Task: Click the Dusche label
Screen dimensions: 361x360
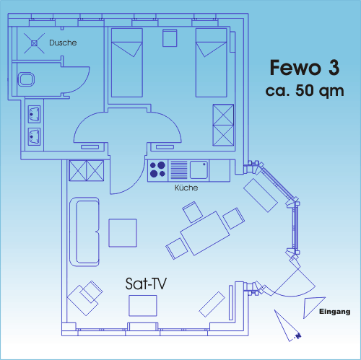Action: [x=63, y=43]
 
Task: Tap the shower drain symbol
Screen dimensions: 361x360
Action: [x=34, y=43]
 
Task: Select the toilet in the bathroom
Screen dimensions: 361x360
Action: [x=26, y=79]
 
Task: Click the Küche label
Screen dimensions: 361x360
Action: [x=186, y=188]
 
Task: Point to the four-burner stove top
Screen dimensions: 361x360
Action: [x=157, y=170]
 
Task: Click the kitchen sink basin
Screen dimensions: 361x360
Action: [x=199, y=170]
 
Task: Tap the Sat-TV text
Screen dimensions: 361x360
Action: [x=146, y=284]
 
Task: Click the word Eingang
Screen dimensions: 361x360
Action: [x=334, y=312]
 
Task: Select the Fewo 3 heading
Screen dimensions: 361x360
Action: [x=305, y=68]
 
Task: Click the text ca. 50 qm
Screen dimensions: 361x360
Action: [x=305, y=91]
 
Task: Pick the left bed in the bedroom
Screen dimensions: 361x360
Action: [x=127, y=63]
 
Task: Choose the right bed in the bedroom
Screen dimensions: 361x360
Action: [x=211, y=63]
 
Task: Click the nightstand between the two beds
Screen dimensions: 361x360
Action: [x=170, y=38]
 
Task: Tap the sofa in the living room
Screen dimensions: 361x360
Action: [x=84, y=232]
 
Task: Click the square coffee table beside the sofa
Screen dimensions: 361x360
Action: [x=123, y=233]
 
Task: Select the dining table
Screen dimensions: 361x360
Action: [x=205, y=233]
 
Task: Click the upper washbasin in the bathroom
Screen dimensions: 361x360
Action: [x=34, y=114]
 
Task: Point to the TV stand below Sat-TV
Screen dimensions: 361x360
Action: [x=143, y=306]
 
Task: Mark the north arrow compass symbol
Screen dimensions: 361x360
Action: [x=287, y=326]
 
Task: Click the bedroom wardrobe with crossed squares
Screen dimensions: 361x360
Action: [x=223, y=125]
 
